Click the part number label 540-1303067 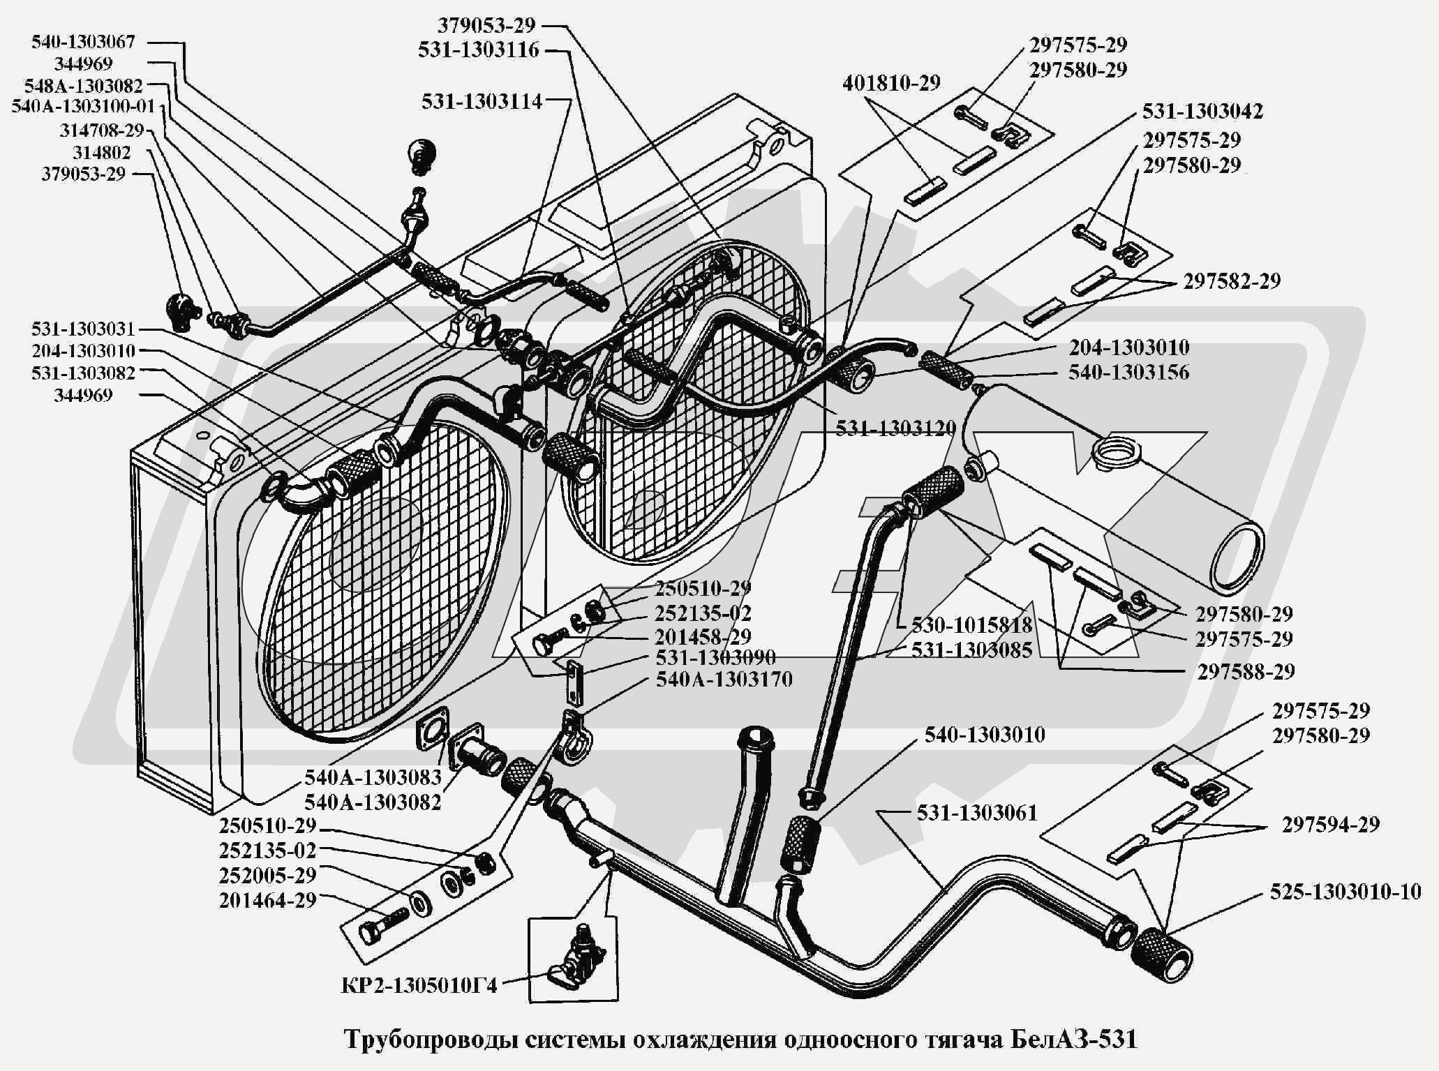[83, 42]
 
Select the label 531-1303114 [482, 102]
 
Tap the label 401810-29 [892, 83]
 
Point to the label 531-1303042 [1202, 111]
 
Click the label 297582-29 [1232, 281]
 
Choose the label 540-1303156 [1128, 372]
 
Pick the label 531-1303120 [895, 428]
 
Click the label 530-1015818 [971, 624]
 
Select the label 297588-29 [1246, 672]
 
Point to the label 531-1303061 [977, 813]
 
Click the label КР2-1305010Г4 [419, 987]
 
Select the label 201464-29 [268, 901]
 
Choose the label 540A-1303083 [373, 777]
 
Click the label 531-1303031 [83, 329]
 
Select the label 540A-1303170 [724, 679]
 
